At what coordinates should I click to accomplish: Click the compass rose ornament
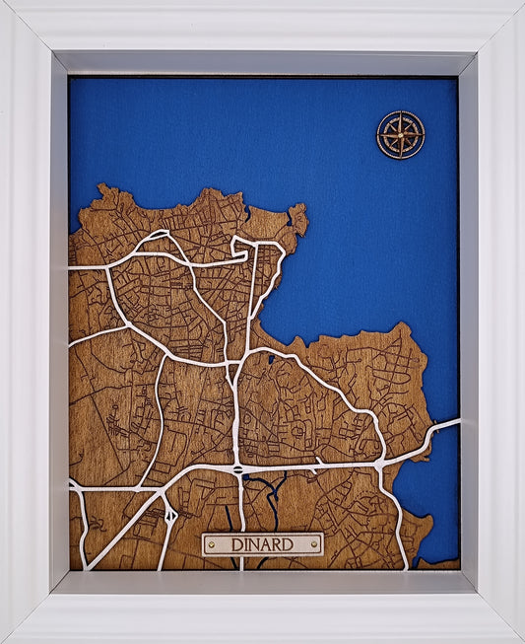tap(400, 135)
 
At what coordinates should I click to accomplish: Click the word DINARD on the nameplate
tap(263, 544)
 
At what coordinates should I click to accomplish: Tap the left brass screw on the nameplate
tap(211, 544)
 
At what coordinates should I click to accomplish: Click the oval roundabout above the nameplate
tap(237, 470)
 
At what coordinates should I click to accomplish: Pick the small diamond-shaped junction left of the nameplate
tap(170, 514)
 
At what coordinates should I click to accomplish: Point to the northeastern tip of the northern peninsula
tap(300, 212)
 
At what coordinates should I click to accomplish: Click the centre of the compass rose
tap(400, 135)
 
